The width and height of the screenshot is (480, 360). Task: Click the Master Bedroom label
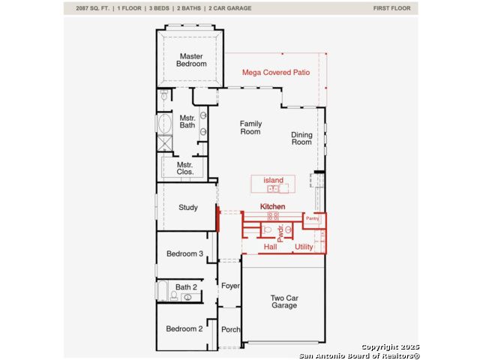tap(191, 60)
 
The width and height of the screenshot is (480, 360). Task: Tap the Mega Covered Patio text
tap(276, 73)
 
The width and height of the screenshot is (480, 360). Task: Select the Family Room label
tap(250, 127)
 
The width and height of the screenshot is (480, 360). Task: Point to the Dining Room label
tap(301, 138)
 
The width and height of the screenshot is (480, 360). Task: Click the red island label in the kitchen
tap(273, 180)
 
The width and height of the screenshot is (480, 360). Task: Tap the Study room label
tap(188, 208)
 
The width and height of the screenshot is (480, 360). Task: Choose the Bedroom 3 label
tap(184, 253)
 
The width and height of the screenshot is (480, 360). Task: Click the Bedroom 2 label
tap(184, 328)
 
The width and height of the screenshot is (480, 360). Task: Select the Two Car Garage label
tap(284, 301)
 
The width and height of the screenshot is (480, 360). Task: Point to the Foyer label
tap(230, 286)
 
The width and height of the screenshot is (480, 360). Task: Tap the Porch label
tap(231, 330)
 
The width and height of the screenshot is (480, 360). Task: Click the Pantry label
tap(312, 218)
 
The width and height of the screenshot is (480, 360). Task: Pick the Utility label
tap(304, 247)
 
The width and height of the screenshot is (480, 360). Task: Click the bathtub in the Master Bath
tap(165, 124)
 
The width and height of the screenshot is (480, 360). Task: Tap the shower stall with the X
tap(165, 143)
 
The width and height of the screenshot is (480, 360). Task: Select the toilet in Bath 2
tap(174, 295)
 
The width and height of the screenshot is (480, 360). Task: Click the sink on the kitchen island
tap(273, 189)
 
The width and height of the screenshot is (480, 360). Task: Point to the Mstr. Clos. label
tap(185, 168)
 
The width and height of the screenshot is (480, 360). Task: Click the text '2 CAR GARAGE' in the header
tap(230, 8)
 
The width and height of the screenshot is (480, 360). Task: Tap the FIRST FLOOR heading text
tap(391, 8)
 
